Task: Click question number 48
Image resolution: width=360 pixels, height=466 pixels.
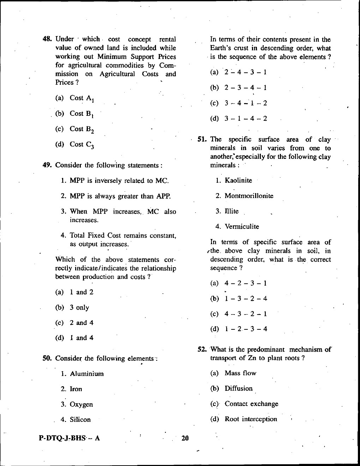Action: click(48, 39)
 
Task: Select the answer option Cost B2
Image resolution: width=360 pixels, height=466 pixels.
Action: click(82, 129)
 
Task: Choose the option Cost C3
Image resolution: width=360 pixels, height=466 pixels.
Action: click(82, 144)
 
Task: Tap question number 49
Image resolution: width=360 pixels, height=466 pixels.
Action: click(48, 165)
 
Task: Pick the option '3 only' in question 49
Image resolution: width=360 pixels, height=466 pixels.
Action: click(79, 307)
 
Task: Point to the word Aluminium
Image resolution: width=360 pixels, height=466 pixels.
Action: click(86, 374)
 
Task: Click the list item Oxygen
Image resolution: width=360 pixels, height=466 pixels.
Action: click(81, 404)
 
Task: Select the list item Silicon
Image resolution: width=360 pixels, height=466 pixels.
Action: click(80, 420)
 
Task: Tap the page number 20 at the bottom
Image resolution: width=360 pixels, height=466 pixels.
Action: click(185, 438)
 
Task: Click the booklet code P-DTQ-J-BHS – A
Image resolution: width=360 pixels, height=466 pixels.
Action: click(70, 438)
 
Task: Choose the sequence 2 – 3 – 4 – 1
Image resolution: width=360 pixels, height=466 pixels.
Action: click(245, 88)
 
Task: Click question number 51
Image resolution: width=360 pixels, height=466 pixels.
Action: click(202, 139)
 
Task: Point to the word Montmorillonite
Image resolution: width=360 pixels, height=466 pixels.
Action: click(249, 196)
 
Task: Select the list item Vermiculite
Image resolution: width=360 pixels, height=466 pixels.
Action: click(242, 227)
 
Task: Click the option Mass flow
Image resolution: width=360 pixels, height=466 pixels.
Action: click(240, 373)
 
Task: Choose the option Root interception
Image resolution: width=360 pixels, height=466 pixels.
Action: click(251, 419)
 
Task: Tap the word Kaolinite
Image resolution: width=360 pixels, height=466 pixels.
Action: click(238, 180)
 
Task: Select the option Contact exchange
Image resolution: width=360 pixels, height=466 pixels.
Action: click(251, 404)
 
